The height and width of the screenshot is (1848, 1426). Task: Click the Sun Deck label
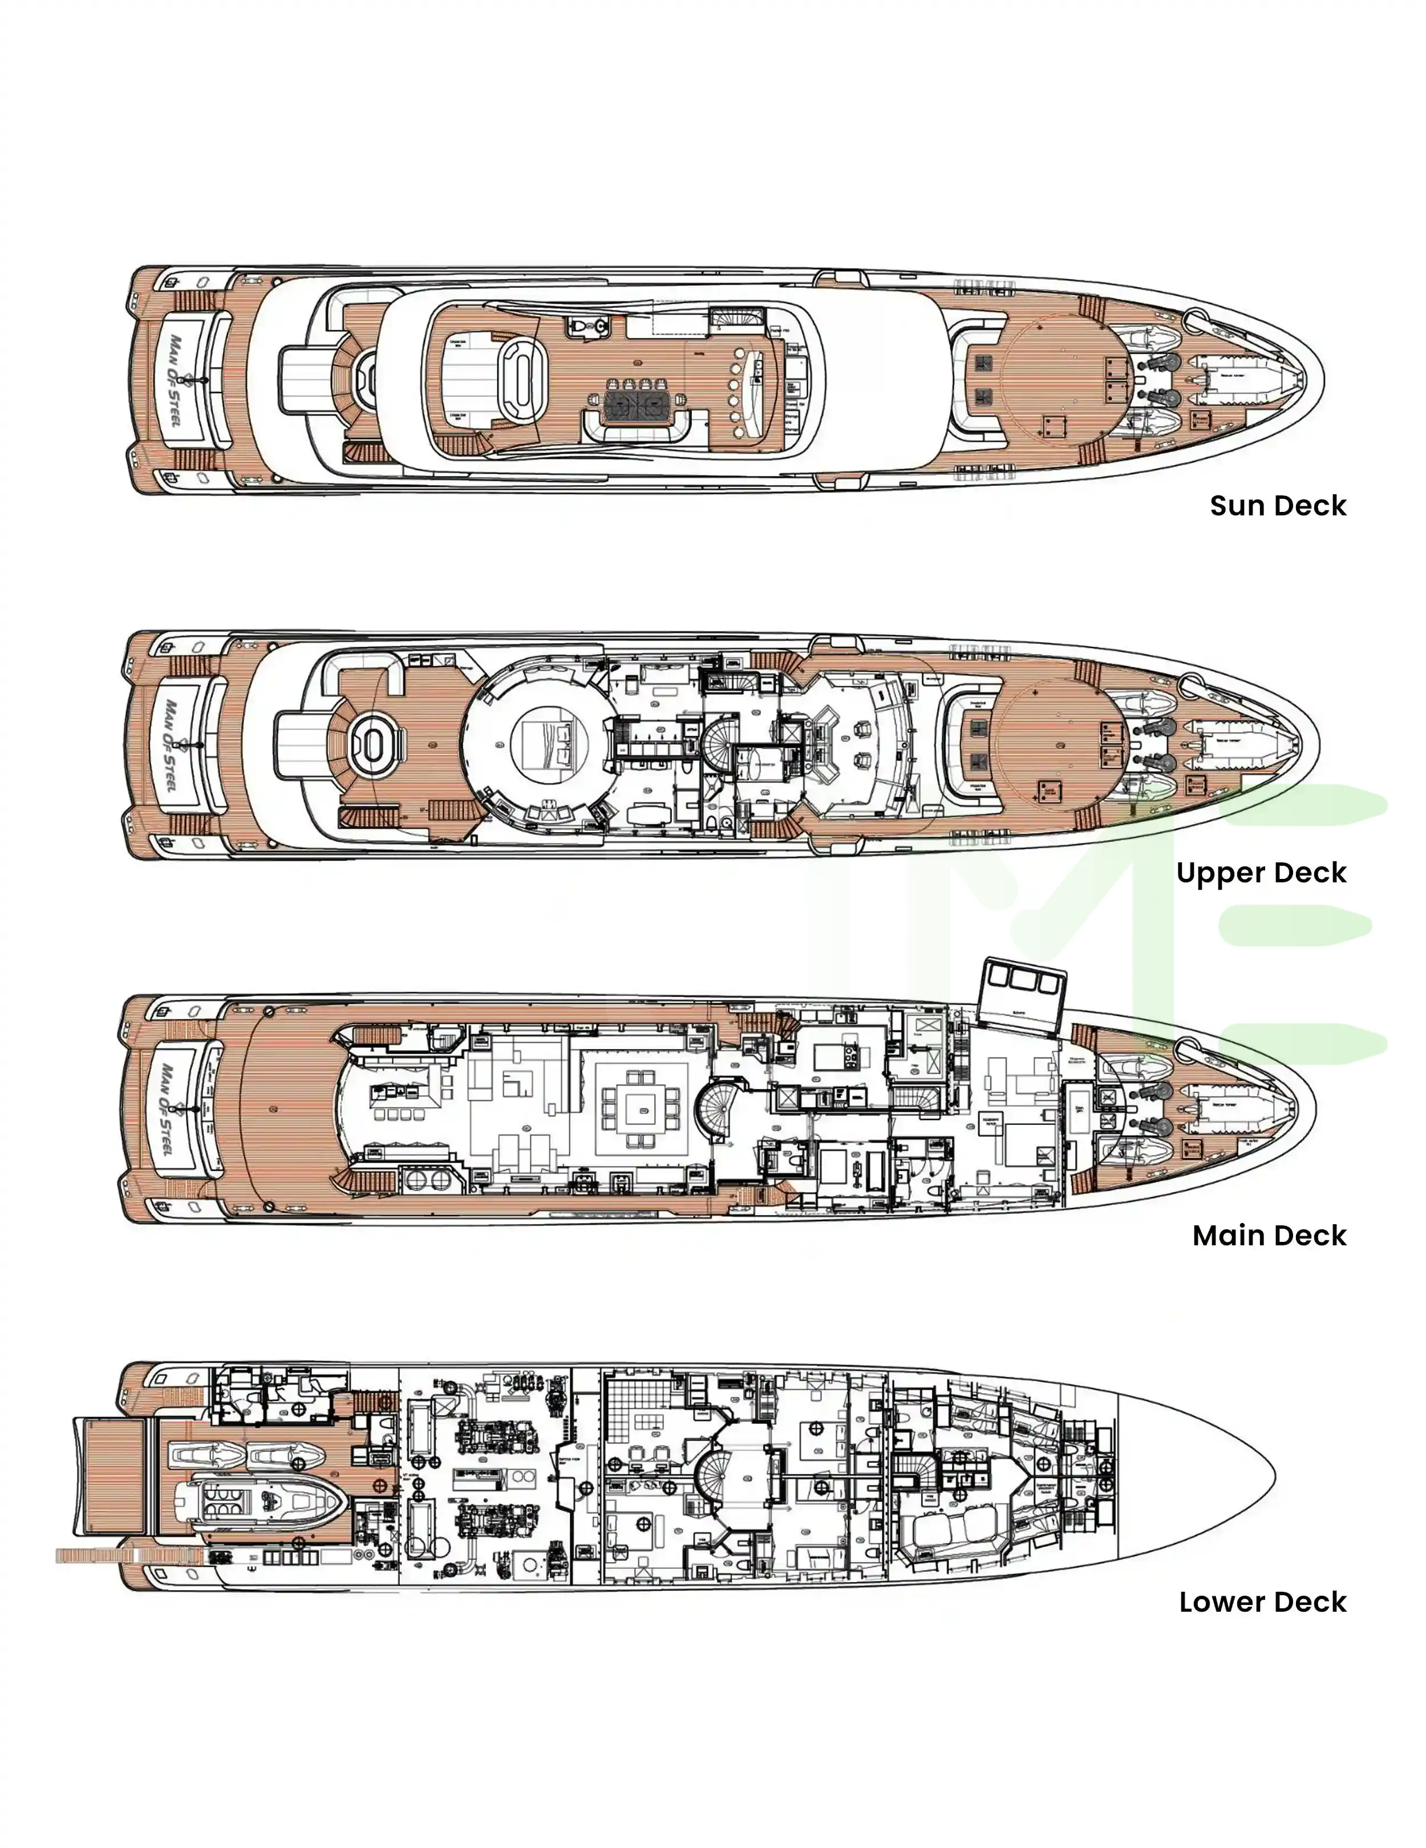[1277, 506]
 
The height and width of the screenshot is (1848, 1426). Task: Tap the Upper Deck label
[1260, 873]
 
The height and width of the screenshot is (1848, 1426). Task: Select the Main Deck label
[1269, 1236]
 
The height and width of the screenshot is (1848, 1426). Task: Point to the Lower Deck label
[1262, 1602]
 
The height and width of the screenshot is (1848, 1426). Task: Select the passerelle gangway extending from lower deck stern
[127, 1555]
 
